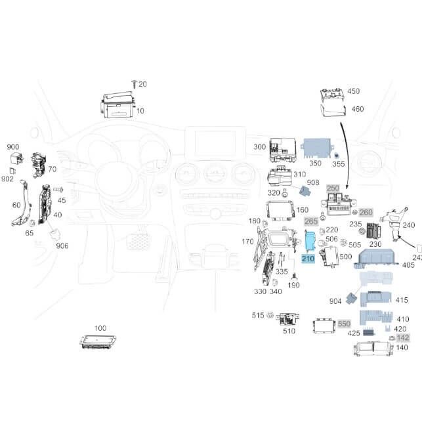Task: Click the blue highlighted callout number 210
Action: pos(308,259)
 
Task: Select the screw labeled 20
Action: pos(134,84)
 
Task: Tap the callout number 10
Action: pos(140,111)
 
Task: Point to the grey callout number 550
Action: pos(345,324)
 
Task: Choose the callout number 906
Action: pos(62,245)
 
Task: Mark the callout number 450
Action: pos(353,92)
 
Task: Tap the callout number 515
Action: pos(258,316)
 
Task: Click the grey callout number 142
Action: pos(402,337)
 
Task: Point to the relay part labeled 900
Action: pos(15,158)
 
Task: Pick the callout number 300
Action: pos(259,147)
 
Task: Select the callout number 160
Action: pos(303,211)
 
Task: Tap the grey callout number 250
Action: pos(333,188)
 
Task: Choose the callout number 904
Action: pos(335,301)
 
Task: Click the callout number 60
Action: pos(16,205)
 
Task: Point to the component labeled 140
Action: pos(373,348)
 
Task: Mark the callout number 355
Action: pos(338,163)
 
